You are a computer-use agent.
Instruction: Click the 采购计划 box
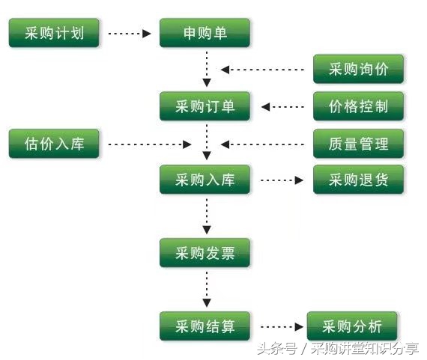(54, 34)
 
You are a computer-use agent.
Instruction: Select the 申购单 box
(205, 34)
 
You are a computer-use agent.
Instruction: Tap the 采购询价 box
(358, 70)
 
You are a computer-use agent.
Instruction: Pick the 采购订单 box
(205, 106)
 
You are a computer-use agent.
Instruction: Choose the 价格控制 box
(358, 106)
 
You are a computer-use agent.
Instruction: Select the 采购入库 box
(205, 180)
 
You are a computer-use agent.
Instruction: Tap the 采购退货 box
(358, 180)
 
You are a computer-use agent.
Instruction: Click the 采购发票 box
(205, 253)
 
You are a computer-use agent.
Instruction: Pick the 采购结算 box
(205, 326)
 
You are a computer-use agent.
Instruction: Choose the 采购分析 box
(352, 326)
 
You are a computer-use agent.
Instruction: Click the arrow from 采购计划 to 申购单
(130, 34)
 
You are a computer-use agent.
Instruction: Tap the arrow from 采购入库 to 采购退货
(282, 180)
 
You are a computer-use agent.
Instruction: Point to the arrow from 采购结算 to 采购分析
(279, 326)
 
